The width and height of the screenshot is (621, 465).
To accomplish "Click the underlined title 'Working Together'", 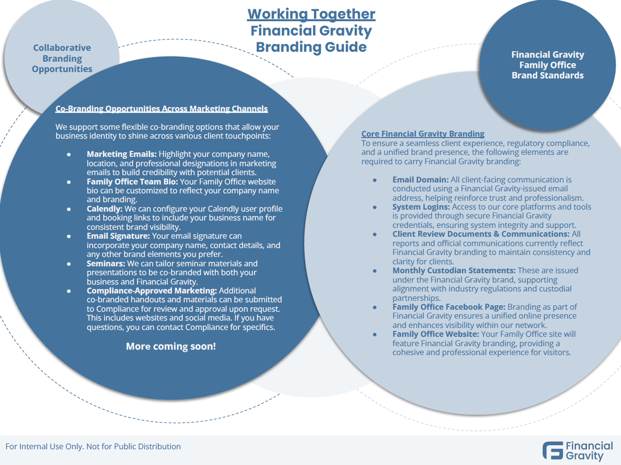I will (311, 14).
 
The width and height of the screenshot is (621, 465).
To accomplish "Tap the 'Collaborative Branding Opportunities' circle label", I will (62, 58).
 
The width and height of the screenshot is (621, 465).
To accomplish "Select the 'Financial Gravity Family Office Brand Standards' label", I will (548, 65).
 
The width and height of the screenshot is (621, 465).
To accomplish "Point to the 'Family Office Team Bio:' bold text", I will (133, 181).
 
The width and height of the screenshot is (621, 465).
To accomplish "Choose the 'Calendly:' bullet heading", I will (104, 209).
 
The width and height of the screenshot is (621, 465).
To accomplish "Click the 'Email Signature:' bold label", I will (117, 236).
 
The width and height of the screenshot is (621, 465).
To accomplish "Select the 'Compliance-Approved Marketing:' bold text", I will (151, 291).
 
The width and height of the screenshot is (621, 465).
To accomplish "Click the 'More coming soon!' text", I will (171, 346).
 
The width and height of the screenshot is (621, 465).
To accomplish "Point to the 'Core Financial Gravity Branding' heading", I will (423, 134).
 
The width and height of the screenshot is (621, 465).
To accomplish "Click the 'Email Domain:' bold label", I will (420, 179).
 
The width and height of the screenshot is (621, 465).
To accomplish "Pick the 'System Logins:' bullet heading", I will (421, 207).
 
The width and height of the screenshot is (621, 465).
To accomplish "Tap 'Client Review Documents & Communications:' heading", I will (481, 234).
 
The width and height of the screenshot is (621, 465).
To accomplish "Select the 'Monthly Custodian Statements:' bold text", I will (453, 270).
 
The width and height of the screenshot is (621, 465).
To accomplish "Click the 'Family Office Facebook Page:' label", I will (449, 307).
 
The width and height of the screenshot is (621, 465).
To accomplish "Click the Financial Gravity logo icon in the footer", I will (552, 451).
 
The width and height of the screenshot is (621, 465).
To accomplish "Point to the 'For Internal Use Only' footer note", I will (93, 446).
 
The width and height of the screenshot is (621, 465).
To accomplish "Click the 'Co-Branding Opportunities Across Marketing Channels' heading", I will (162, 108).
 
